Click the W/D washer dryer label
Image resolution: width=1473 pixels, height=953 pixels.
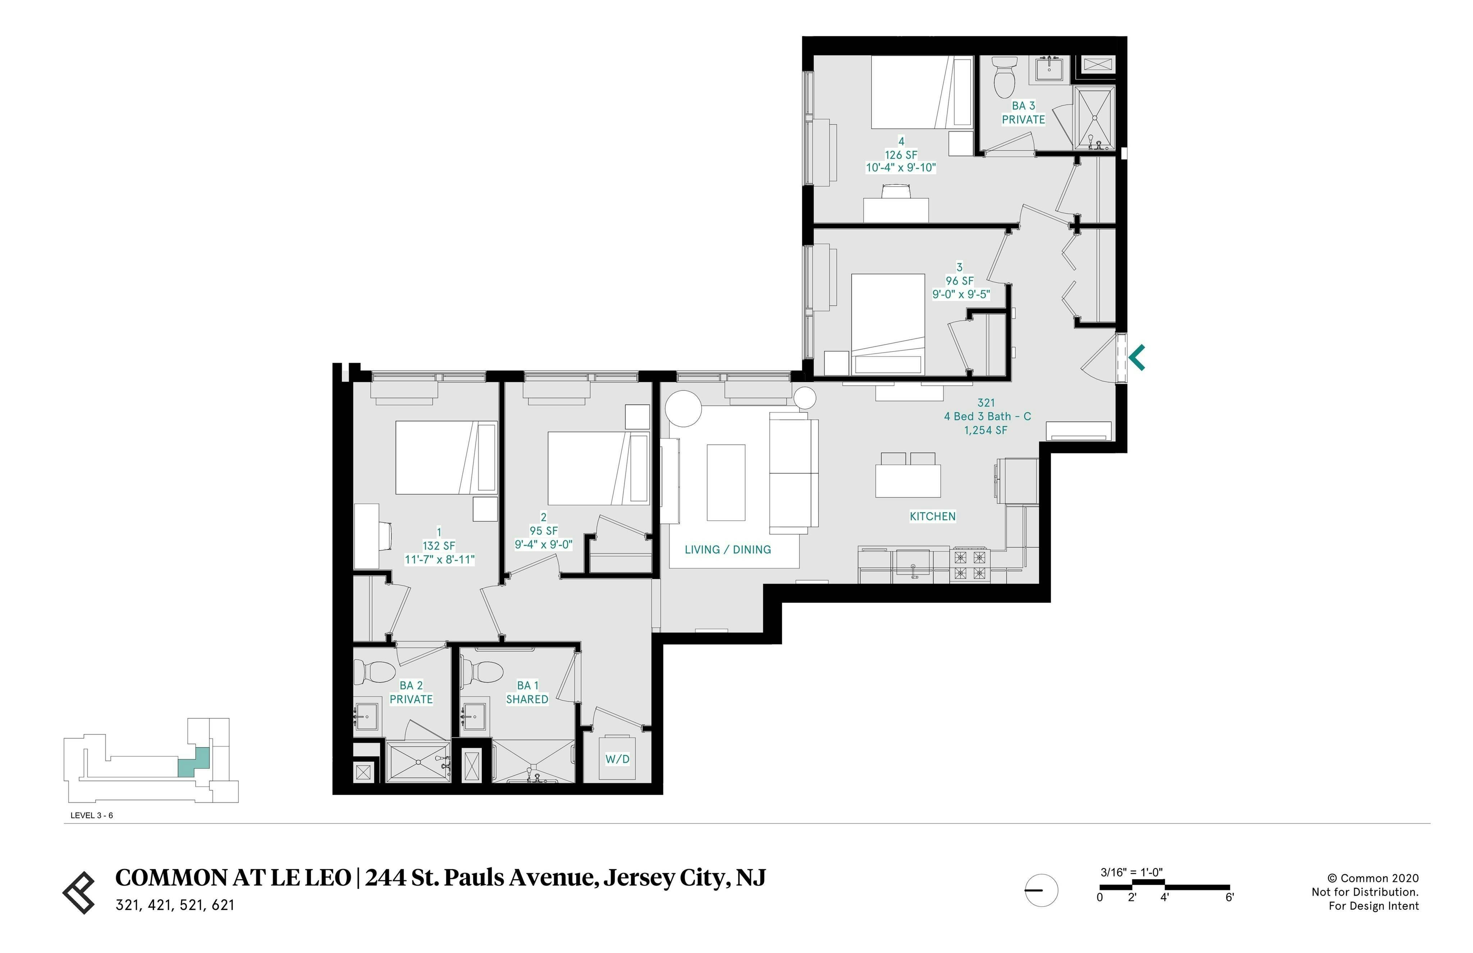click(617, 759)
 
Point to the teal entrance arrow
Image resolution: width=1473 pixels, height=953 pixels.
click(1137, 358)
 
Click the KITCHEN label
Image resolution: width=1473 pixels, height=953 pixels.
click(932, 516)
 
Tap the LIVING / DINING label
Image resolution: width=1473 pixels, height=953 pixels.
click(728, 550)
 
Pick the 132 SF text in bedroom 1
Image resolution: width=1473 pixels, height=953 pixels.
click(439, 546)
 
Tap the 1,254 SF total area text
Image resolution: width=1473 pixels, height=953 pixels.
click(985, 430)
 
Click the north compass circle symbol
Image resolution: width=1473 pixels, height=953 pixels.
click(1041, 890)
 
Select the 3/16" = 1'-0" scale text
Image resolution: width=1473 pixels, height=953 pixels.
click(1131, 872)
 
